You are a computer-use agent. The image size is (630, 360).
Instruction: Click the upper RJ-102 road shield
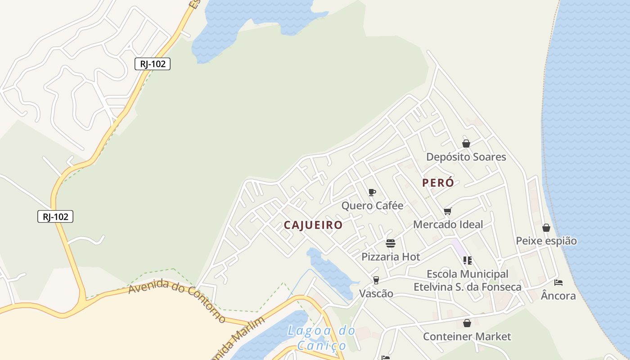(x=153, y=64)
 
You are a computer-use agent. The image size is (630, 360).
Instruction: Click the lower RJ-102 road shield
(x=55, y=217)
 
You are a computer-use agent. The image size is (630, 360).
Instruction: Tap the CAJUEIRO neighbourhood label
(x=313, y=225)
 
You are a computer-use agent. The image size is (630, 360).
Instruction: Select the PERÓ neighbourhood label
(x=438, y=183)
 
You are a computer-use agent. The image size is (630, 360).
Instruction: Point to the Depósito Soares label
(x=466, y=157)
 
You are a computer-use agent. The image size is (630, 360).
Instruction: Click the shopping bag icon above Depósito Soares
(x=466, y=144)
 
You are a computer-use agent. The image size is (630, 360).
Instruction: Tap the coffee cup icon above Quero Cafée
(x=372, y=192)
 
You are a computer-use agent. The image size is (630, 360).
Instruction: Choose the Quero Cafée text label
(x=372, y=206)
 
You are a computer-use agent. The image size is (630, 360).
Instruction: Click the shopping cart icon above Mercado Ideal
(x=447, y=211)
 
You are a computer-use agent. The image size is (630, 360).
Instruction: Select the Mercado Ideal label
(x=448, y=224)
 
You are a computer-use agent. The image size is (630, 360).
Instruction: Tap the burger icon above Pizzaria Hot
(x=391, y=243)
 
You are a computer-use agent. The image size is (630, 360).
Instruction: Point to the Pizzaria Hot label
(x=391, y=257)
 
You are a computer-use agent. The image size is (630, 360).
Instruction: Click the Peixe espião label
(x=546, y=241)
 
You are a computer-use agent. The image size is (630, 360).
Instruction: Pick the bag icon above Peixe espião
(x=546, y=228)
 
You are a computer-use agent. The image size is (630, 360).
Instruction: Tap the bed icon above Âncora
(x=558, y=283)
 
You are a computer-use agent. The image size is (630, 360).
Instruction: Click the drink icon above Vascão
(x=376, y=280)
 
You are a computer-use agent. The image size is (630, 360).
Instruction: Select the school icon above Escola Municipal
(x=468, y=260)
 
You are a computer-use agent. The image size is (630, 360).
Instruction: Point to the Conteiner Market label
(x=467, y=337)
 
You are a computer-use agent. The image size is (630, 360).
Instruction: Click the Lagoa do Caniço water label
(x=321, y=338)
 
